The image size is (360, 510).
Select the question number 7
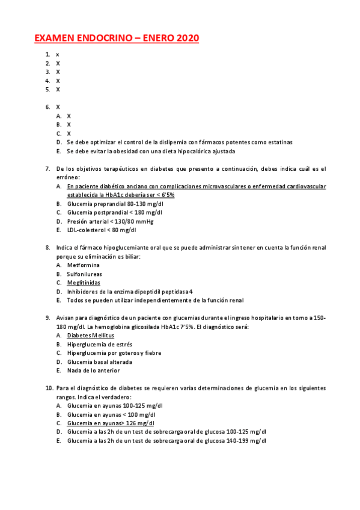[x=47, y=168]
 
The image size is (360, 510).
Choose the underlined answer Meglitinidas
[x=84, y=283]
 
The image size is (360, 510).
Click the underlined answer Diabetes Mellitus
[x=91, y=335]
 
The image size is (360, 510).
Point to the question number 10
[x=49, y=388]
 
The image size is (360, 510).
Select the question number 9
[x=47, y=318]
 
